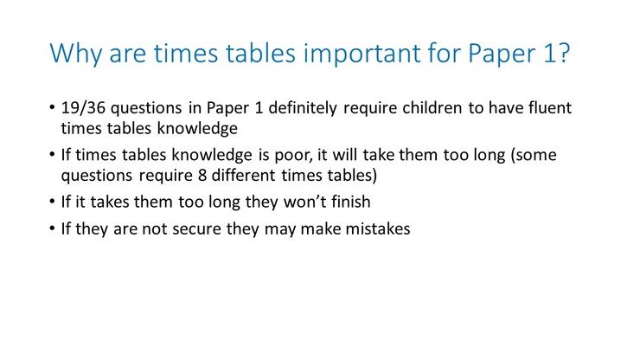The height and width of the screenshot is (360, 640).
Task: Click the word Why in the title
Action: coord(76,54)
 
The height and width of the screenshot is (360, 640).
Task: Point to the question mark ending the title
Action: coord(563,52)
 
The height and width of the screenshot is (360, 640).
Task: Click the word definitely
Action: coord(303,108)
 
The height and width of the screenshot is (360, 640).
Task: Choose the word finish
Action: coord(351,202)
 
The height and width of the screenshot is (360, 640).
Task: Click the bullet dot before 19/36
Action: coord(52,108)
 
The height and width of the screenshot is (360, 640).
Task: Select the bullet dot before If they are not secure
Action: coord(52,228)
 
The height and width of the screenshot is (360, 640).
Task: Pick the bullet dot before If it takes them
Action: coord(52,202)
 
